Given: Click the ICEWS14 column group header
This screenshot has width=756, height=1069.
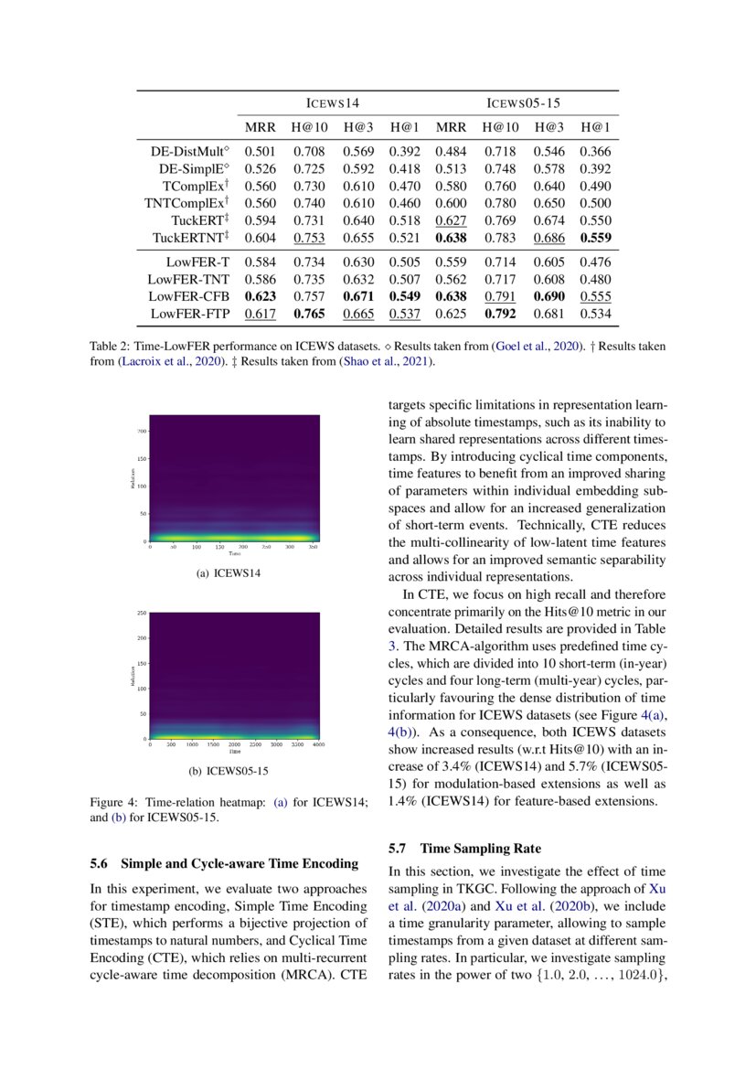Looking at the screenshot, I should click(333, 103).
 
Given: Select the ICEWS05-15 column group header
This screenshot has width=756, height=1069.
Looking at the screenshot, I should click(522, 103).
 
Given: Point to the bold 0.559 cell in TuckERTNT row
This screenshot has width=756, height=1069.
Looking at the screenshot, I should click(594, 238).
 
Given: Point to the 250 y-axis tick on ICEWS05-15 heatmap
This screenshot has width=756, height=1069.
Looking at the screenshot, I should click(141, 613).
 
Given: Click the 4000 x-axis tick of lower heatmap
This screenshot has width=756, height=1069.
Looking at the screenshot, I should click(317, 746).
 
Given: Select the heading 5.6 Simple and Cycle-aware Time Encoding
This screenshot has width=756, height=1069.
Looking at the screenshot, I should click(227, 862).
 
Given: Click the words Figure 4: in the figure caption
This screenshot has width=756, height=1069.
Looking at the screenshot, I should click(112, 802).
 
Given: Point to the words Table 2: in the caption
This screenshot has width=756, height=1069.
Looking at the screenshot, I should click(110, 347).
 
